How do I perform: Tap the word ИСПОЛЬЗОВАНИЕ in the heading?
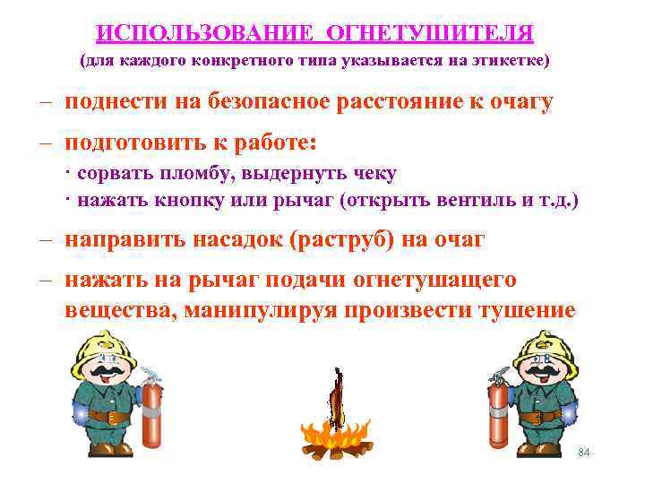pos(207,33)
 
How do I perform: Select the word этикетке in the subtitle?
pos(507,62)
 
